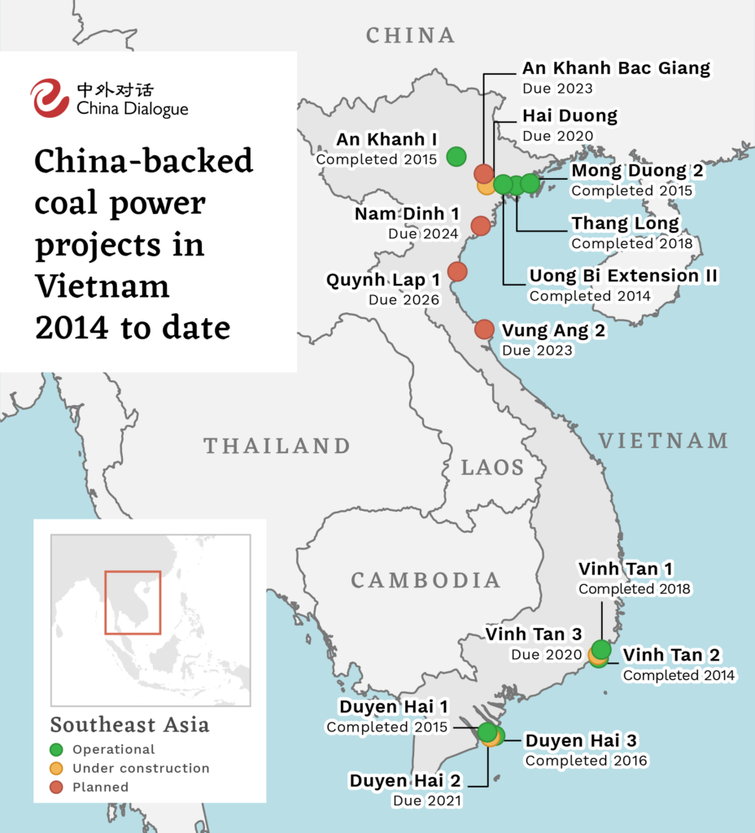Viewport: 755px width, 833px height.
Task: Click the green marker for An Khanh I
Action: click(456, 155)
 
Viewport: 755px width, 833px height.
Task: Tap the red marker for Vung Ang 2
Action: click(484, 329)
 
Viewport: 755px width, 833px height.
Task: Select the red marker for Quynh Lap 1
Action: click(457, 271)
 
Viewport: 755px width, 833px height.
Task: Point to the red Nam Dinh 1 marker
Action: click(481, 225)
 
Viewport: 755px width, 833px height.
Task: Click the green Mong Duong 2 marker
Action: click(530, 183)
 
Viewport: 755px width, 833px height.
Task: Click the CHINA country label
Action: click(411, 35)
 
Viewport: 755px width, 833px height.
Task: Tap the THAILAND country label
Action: click(277, 446)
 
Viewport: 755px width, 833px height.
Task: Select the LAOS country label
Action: click(493, 467)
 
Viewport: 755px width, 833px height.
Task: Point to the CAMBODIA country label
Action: click(426, 580)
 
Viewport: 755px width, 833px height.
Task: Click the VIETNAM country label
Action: click(663, 441)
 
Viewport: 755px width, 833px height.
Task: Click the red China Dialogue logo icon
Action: click(50, 98)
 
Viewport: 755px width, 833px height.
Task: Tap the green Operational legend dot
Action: click(56, 749)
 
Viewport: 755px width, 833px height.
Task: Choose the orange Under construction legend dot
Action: click(56, 768)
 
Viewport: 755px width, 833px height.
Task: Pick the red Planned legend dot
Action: click(56, 787)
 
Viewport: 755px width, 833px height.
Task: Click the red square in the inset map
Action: click(133, 602)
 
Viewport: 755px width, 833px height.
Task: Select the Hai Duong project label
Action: click(570, 116)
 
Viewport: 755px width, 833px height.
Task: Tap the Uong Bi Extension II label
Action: click(623, 276)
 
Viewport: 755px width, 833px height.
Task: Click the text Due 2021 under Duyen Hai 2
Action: click(427, 801)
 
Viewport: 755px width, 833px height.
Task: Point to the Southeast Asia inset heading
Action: click(129, 725)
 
